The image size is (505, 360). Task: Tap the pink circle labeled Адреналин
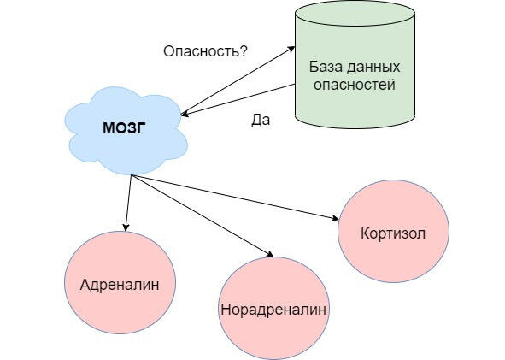120,282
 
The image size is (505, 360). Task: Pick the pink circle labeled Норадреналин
274,308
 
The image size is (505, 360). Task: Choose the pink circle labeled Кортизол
393,231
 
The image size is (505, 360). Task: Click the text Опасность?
205,51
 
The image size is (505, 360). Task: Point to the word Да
261,121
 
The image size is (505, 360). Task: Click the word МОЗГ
124,128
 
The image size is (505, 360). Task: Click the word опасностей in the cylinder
355,85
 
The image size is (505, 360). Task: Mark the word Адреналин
120,285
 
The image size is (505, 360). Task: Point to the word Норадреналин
273,310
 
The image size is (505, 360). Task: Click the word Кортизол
393,233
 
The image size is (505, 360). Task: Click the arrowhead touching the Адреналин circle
126,227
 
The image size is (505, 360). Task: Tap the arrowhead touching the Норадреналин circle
269,254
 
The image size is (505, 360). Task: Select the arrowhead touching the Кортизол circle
334,218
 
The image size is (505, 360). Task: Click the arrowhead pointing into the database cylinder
291,49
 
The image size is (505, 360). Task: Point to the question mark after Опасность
244,51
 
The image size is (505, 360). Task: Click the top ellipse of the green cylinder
355,14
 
